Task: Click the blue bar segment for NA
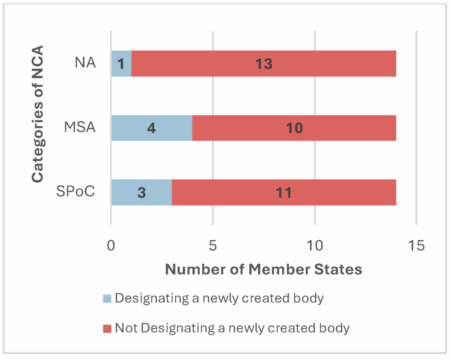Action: click(x=121, y=64)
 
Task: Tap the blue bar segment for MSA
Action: click(x=152, y=128)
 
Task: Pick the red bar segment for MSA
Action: click(x=294, y=128)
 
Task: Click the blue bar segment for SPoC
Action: click(x=141, y=192)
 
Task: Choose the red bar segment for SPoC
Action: click(x=284, y=192)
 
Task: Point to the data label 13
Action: click(x=264, y=64)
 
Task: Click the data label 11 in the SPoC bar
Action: click(x=284, y=193)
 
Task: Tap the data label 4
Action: click(x=152, y=129)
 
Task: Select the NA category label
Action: click(x=85, y=64)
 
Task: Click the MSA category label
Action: click(x=81, y=129)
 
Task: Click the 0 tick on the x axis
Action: click(x=111, y=245)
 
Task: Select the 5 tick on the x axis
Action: click(x=213, y=245)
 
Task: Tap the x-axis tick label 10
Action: click(x=314, y=245)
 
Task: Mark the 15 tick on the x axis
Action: click(x=416, y=245)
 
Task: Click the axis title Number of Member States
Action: click(x=263, y=269)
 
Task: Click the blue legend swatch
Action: click(x=107, y=298)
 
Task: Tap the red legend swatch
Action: click(x=107, y=328)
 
